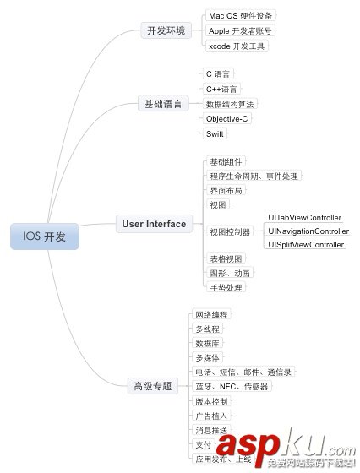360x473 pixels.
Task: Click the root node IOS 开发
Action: pos(45,236)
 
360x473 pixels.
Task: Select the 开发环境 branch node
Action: pos(166,30)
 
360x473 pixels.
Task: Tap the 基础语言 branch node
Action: pos(163,104)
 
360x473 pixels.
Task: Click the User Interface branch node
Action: pos(154,224)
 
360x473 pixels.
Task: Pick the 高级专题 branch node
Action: pos(153,386)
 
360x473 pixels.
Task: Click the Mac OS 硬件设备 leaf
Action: pos(241,16)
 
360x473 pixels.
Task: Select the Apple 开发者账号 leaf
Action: pos(240,30)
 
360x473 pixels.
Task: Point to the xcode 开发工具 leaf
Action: pos(237,46)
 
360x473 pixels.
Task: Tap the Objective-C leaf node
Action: pos(227,119)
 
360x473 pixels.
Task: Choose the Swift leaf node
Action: pos(215,133)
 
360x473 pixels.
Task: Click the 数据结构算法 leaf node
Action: pos(230,104)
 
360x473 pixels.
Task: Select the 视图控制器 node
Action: pos(230,231)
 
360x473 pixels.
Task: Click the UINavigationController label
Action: pos(308,231)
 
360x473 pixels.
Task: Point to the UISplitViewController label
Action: pos(306,245)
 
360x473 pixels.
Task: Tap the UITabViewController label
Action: pos(305,218)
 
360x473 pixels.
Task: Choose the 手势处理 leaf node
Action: pos(226,287)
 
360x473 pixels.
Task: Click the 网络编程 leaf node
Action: pos(211,314)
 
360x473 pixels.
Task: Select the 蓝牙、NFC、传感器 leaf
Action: pos(232,387)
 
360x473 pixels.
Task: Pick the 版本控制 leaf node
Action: pos(211,401)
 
